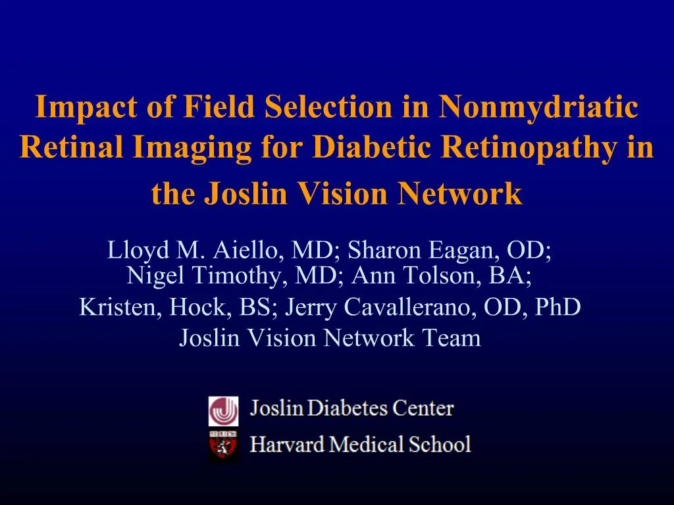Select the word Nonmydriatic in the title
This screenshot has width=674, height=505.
538,107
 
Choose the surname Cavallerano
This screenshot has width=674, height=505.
414,307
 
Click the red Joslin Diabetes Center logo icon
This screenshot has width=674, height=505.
224,411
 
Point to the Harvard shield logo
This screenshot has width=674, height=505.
224,447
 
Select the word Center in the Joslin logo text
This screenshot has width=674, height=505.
423,408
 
